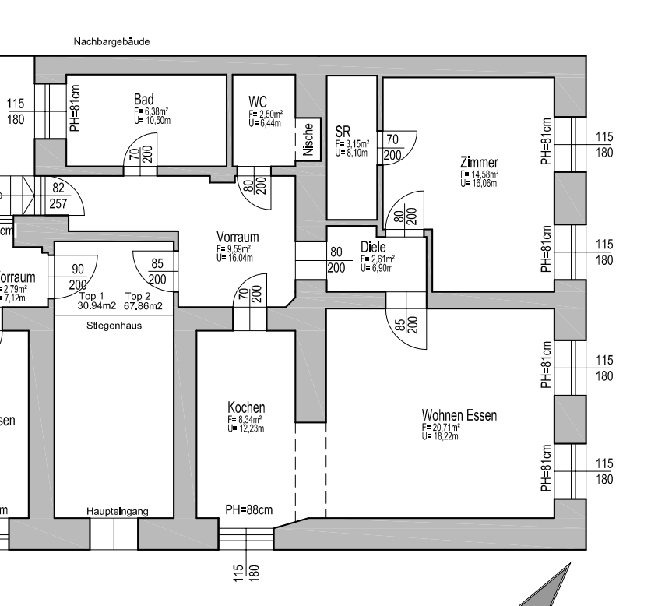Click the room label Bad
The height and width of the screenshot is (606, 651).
coord(143,100)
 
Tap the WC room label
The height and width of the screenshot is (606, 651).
coord(258,102)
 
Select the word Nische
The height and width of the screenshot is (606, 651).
coord(308,141)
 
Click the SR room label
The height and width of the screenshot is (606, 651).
coord(343,130)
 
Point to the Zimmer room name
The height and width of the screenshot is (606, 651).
coord(479,162)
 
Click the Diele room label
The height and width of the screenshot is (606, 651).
coord(373,247)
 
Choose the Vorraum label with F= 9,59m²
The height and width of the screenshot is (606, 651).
coord(238,237)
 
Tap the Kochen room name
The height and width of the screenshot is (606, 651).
coord(246,407)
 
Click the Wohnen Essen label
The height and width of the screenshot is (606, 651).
coord(459,415)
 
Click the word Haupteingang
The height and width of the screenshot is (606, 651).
coord(117,511)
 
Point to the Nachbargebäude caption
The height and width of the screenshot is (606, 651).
coord(111,42)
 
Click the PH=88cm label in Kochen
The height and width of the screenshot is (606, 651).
coord(249,510)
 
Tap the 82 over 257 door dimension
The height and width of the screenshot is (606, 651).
coord(58,196)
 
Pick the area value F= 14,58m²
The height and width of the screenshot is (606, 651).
coord(479,175)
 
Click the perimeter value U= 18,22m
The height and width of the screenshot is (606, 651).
coord(441,437)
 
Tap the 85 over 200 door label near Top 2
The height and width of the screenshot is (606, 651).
coord(157,271)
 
